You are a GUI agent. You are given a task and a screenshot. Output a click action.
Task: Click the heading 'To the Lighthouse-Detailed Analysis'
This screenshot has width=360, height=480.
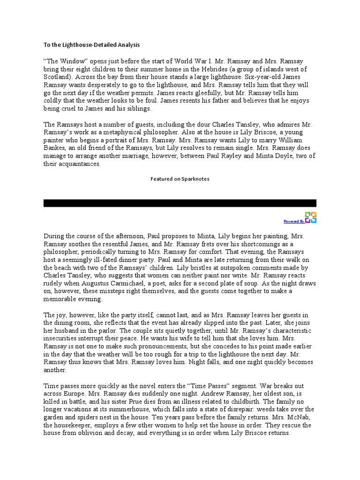click(92, 45)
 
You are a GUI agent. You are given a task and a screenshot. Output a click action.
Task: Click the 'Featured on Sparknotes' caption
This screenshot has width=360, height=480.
click(180, 179)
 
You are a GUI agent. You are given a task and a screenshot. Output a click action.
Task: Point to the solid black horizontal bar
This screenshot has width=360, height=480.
click(180, 203)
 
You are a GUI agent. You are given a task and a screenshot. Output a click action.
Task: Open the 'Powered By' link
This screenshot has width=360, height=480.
click(294, 221)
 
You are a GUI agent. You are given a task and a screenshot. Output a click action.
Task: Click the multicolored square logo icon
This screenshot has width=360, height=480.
click(310, 217)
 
